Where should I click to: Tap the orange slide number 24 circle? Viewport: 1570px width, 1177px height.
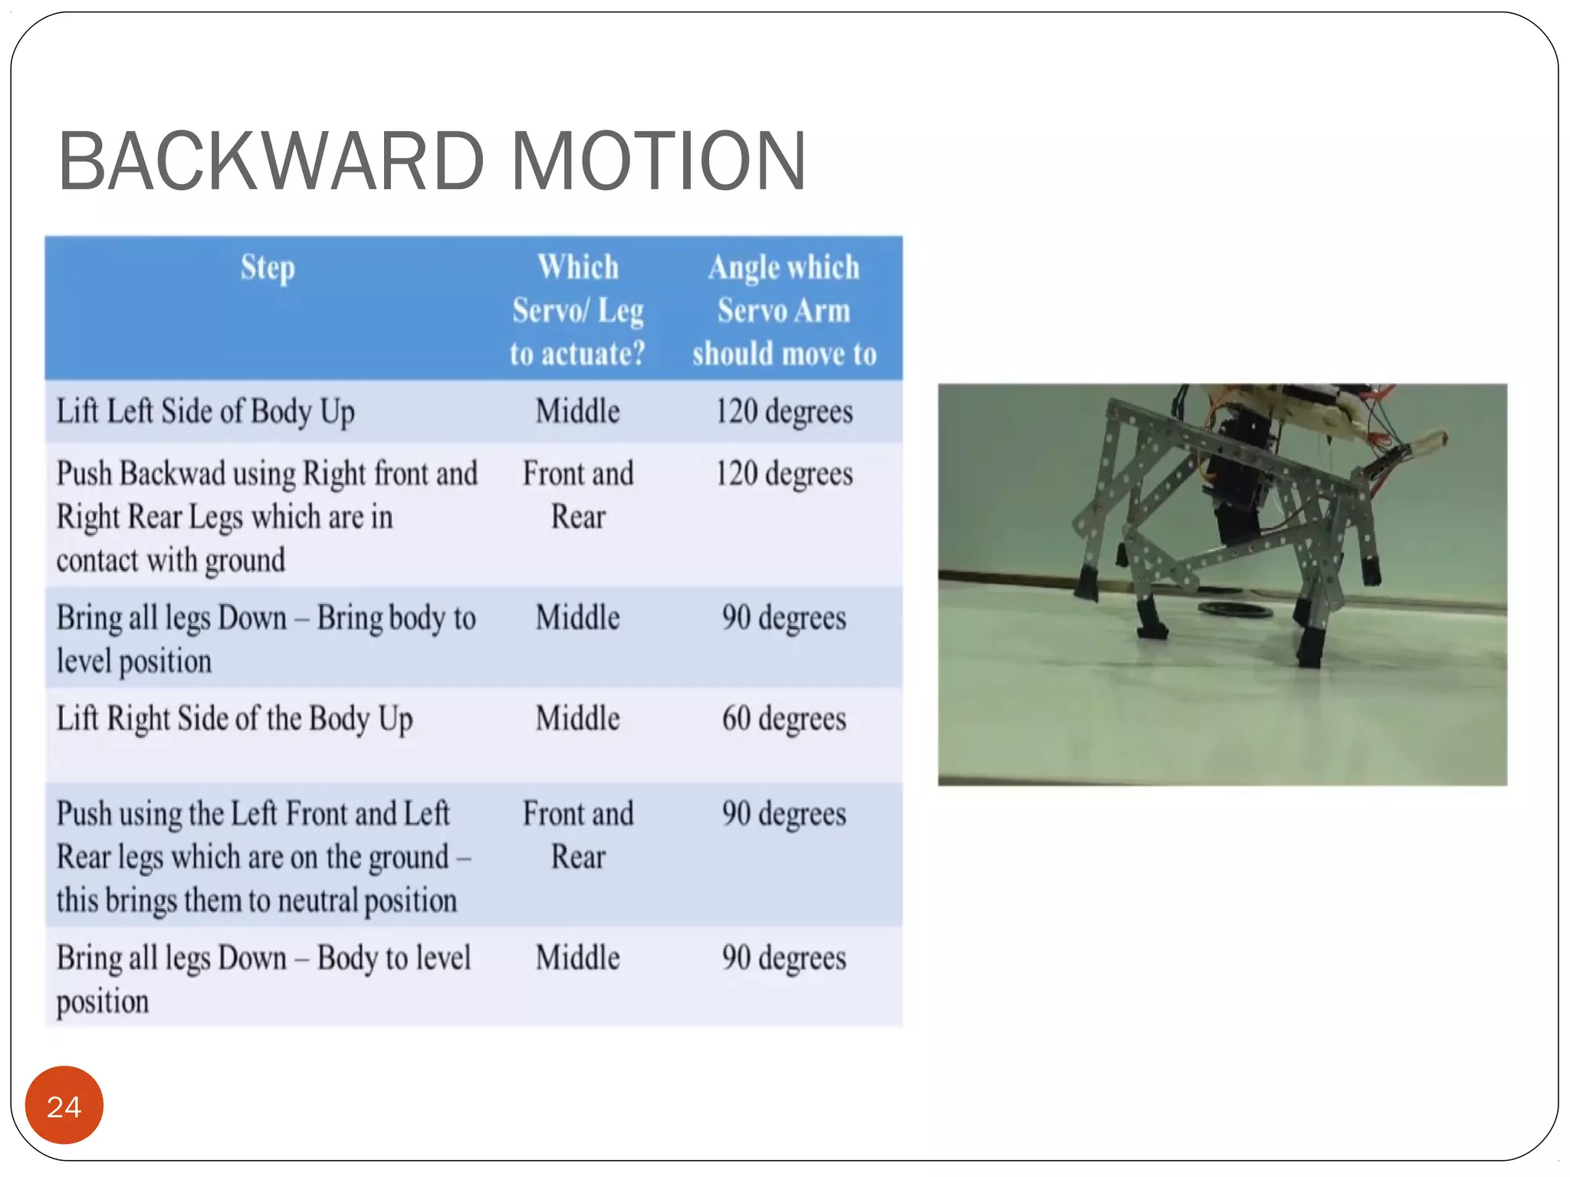(x=64, y=1105)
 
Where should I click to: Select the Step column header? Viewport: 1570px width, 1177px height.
(x=268, y=268)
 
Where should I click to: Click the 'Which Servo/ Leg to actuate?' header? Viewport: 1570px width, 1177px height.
(x=578, y=310)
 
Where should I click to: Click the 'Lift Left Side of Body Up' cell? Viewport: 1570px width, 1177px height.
(x=205, y=411)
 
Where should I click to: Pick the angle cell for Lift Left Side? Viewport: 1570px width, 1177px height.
(x=784, y=411)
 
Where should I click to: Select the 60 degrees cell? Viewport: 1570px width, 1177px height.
(x=784, y=719)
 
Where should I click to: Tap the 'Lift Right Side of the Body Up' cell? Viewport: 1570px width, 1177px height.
(x=235, y=719)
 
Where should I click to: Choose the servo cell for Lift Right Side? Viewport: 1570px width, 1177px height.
(x=578, y=719)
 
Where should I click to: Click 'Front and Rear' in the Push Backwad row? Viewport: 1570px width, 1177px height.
(x=578, y=495)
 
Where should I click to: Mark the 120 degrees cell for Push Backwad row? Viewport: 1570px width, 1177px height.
(x=784, y=474)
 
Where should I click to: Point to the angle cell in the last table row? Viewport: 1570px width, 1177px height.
(x=784, y=958)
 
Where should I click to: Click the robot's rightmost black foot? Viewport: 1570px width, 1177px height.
(x=1371, y=572)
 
